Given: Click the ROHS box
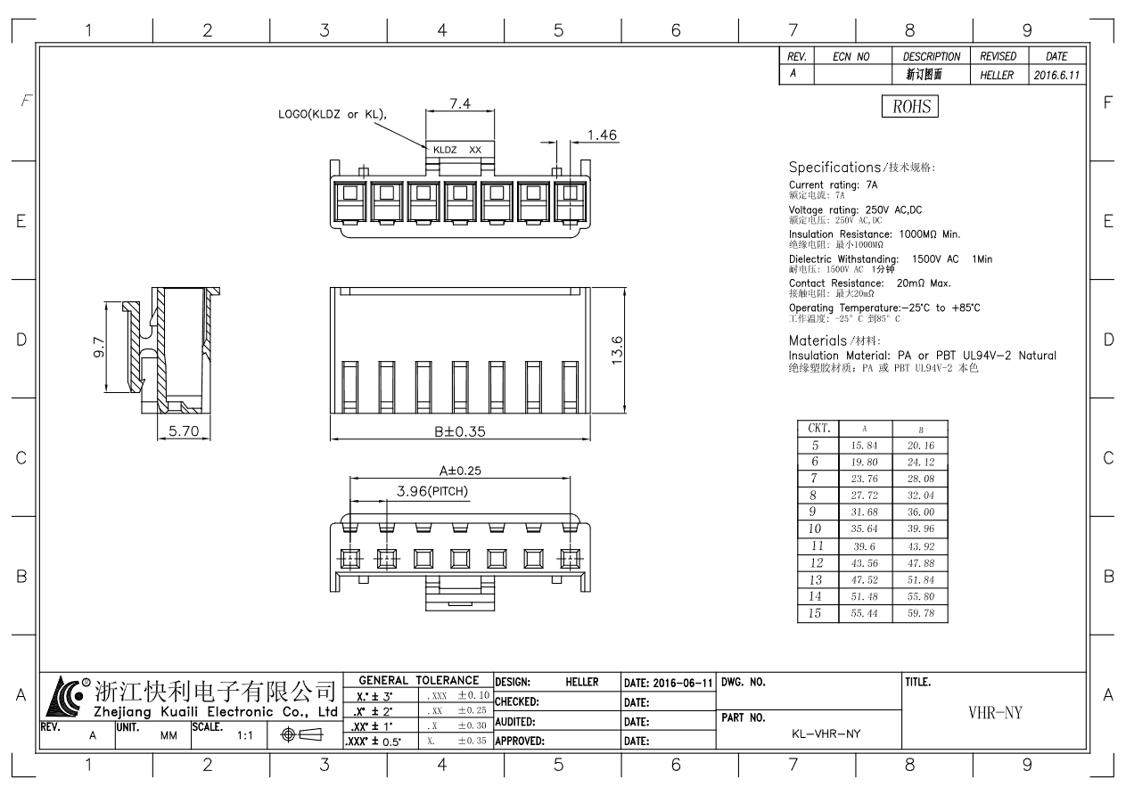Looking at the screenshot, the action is [910, 106].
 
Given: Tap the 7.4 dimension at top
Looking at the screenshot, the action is [460, 103].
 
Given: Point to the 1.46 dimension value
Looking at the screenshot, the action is [602, 135].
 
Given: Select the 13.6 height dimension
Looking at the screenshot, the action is [617, 350].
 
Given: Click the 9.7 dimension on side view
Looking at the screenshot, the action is [99, 348].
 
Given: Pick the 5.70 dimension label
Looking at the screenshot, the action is [184, 430].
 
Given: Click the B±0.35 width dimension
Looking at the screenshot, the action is [459, 431].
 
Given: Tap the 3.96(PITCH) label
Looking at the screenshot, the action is [432, 491].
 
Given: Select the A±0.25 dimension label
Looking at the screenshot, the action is [460, 471].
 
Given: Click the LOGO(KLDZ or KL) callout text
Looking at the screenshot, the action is [333, 114].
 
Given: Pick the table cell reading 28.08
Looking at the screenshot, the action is [920, 479].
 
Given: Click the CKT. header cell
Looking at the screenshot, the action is [818, 428].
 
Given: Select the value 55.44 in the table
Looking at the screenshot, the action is [864, 613].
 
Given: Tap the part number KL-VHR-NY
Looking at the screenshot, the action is [826, 734].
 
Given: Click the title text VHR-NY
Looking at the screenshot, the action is [995, 713].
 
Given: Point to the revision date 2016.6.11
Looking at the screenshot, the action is [1056, 76].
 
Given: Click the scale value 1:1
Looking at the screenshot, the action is [245, 735].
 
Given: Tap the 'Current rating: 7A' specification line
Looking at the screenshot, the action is [833, 184].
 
